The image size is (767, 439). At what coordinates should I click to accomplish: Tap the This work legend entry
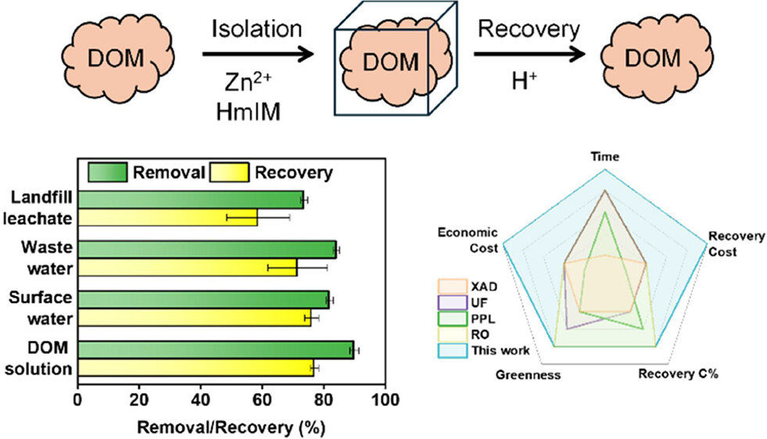click(493, 351)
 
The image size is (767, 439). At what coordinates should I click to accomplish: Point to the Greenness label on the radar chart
click(529, 375)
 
